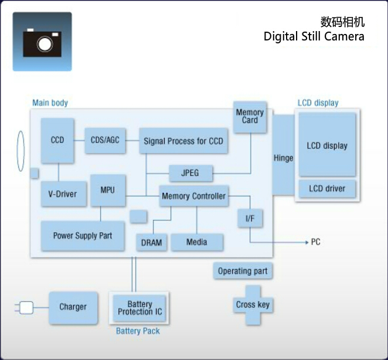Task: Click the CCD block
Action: tap(57, 141)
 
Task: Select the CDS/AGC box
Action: tap(105, 140)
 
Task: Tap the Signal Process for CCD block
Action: tap(183, 141)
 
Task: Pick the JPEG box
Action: tap(190, 174)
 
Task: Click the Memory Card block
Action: tap(250, 116)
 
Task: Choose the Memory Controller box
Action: tap(193, 196)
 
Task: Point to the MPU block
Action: tap(108, 190)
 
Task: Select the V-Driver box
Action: tap(63, 194)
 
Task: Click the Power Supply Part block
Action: tap(82, 236)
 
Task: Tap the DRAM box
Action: tap(152, 242)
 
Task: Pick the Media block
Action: tap(197, 242)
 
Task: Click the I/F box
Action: tap(250, 219)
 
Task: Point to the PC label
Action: tap(315, 242)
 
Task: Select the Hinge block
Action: tap(283, 158)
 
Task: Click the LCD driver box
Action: tap(327, 189)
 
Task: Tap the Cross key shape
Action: tap(253, 305)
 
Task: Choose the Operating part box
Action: tap(243, 271)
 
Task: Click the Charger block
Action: tap(73, 307)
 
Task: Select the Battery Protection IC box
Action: tap(139, 308)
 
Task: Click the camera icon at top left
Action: tap(42, 42)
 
